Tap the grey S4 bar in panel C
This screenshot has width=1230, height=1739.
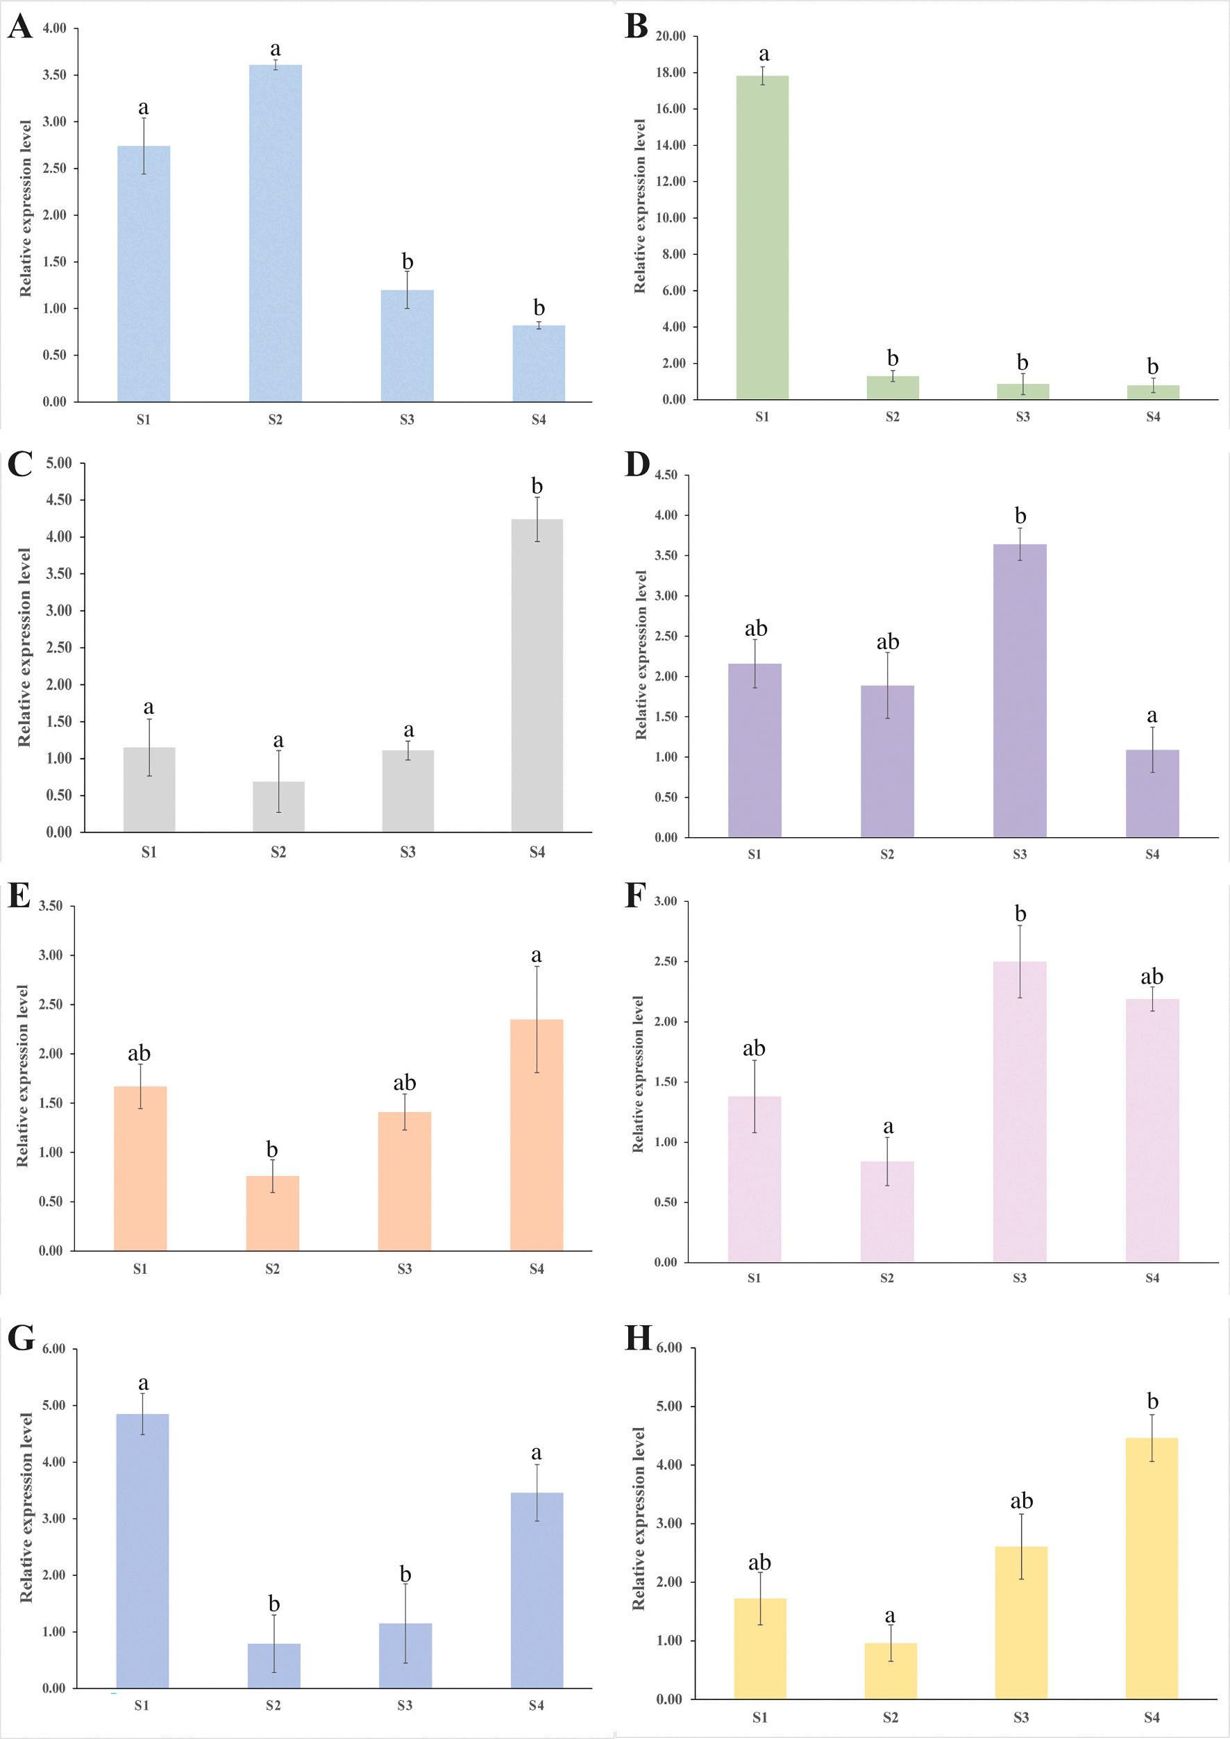point(537,675)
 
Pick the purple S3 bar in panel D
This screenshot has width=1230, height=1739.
point(1020,690)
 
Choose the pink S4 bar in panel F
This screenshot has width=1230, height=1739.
point(1152,1129)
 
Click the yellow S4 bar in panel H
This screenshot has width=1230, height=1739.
point(1152,1568)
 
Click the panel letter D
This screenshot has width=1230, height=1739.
point(637,464)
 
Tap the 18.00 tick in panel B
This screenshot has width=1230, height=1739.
point(671,73)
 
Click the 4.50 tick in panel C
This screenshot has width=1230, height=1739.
point(59,500)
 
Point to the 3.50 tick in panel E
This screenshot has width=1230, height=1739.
point(51,906)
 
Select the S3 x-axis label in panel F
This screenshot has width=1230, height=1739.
point(1020,1278)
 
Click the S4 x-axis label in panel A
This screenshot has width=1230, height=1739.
point(538,419)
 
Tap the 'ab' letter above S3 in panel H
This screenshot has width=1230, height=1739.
point(1022,1500)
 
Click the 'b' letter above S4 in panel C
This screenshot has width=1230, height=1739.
point(537,486)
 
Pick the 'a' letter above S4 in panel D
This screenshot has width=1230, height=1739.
point(1152,716)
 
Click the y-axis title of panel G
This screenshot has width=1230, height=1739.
point(26,1507)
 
